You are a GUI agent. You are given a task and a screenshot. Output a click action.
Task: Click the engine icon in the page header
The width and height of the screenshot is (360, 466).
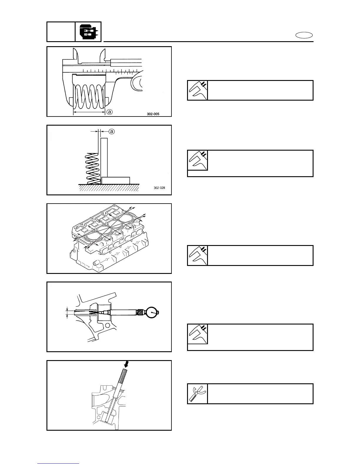pyautogui.click(x=88, y=32)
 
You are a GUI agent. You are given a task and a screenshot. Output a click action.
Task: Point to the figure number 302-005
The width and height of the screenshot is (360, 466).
pyautogui.click(x=153, y=114)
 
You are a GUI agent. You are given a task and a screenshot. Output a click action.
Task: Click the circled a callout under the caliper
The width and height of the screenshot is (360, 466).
pyautogui.click(x=109, y=112)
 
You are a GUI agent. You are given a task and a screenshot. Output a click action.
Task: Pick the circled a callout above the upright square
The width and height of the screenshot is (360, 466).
pyautogui.click(x=111, y=132)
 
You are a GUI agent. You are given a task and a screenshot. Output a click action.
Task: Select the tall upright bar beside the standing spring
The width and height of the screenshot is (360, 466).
pyautogui.click(x=104, y=157)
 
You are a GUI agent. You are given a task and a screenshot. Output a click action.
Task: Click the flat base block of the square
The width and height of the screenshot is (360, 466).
pyautogui.click(x=116, y=180)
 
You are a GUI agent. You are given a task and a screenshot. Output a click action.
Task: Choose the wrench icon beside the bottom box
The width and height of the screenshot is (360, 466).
pyautogui.click(x=197, y=394)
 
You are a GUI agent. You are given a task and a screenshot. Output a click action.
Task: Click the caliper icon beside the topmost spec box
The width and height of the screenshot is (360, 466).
pyautogui.click(x=197, y=90)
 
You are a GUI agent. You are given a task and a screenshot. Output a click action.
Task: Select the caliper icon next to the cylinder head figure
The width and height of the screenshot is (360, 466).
pyautogui.click(x=197, y=255)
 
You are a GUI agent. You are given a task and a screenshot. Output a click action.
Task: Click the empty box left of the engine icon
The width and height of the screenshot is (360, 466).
pyautogui.click(x=61, y=32)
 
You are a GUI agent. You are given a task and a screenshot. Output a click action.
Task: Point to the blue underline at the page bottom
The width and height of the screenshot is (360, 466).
pyautogui.click(x=58, y=464)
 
